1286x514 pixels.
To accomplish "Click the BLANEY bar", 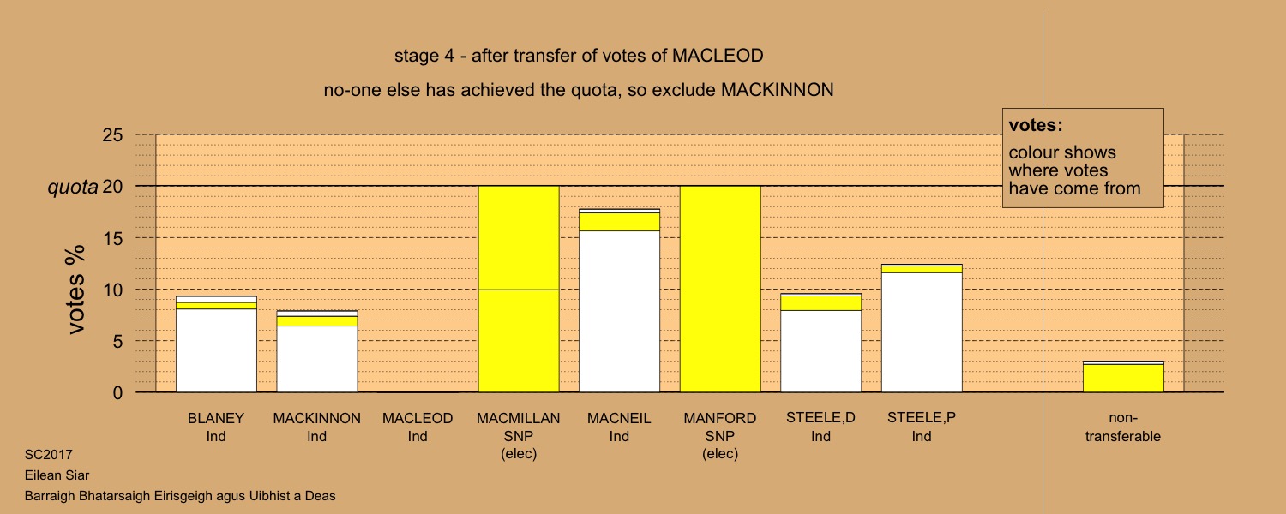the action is coord(216,344).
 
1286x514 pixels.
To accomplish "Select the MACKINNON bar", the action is coord(317,351).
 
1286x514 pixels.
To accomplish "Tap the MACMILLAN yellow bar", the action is coord(519,290).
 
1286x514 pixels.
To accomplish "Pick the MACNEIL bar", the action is coord(620,301).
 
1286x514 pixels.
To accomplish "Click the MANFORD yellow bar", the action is coord(720,290).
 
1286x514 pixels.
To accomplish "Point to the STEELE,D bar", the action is coord(821,343).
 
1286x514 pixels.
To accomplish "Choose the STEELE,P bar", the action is coord(922,328).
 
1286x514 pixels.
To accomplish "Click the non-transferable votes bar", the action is coord(1123,377).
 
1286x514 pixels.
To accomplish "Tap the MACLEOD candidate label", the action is coord(418,427).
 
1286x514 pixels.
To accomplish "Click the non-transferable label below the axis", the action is coord(1123,427).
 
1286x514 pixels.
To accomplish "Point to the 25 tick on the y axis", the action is coord(112,134).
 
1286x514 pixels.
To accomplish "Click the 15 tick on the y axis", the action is coord(112,238).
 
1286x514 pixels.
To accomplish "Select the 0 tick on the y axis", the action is coord(117,393).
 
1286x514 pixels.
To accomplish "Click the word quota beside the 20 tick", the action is coord(73,187).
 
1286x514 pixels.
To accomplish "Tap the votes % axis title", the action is coord(75,290).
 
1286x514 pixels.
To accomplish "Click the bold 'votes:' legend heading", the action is coord(1036,125).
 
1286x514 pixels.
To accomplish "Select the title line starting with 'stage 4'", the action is coord(579,56).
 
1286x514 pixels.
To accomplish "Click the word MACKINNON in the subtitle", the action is coord(778,90).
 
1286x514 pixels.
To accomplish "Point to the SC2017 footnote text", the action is coord(49,455).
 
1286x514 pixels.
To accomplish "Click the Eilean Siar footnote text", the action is coord(57,475).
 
